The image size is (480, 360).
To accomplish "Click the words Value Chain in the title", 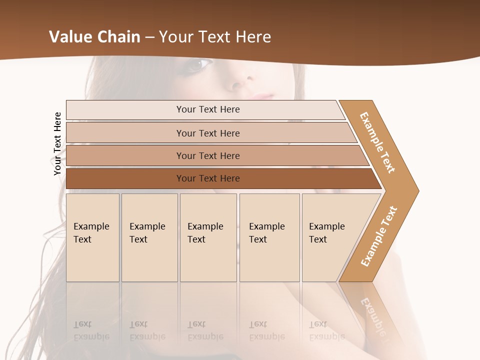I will coord(94,37).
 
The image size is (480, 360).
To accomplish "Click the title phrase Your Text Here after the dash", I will coord(215,37).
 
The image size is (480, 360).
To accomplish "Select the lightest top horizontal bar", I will coord(205,109).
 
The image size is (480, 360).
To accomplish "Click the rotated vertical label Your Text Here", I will coord(57,143).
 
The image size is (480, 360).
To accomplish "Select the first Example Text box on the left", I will coord(92,237).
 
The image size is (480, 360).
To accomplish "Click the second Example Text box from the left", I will coord(149,237).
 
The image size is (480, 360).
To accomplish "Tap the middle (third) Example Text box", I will coord(208,237).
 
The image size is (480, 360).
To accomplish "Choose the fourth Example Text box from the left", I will coord(269,237).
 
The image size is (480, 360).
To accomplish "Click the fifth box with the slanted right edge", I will coord(330,237).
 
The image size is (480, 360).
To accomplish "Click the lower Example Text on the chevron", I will coord(379,236).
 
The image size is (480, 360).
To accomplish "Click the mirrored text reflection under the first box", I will coord(91,331).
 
